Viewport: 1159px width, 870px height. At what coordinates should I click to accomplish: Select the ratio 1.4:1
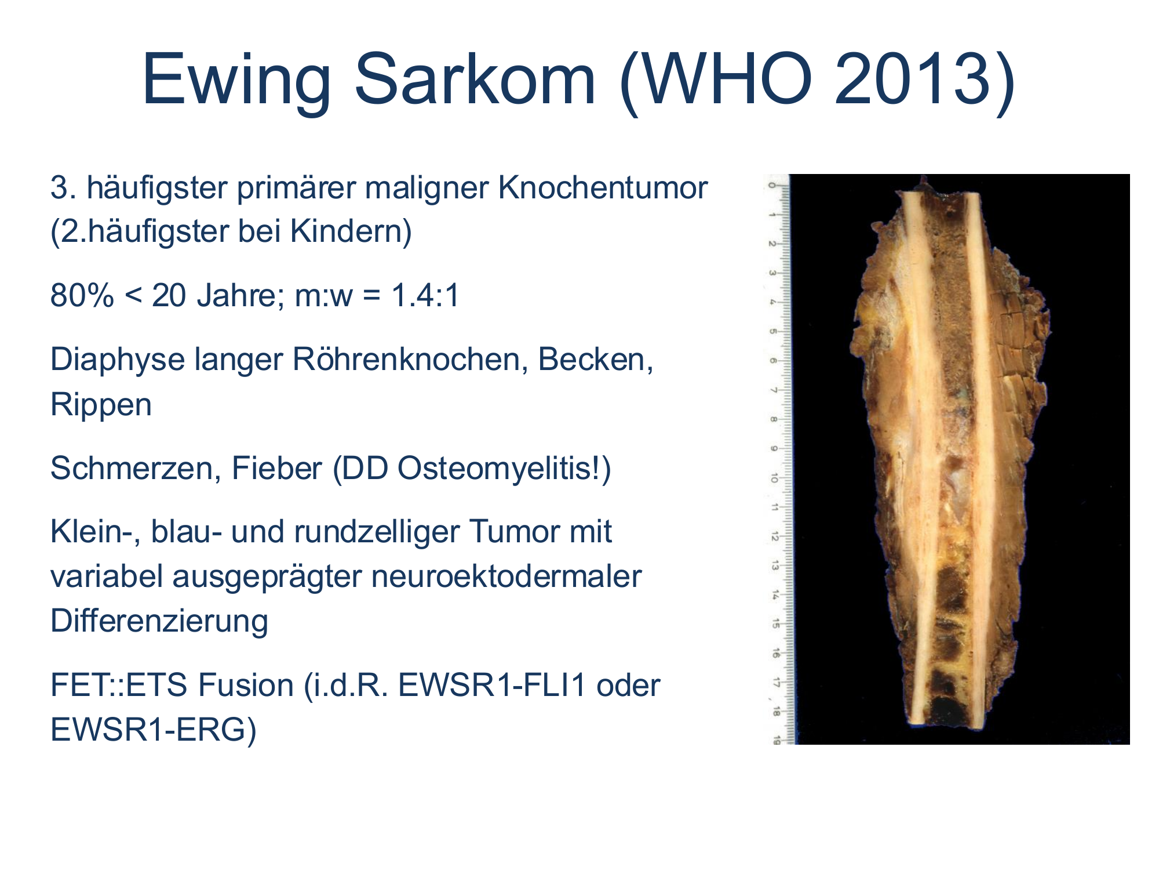click(x=425, y=295)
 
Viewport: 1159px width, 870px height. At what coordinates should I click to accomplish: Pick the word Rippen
click(x=101, y=405)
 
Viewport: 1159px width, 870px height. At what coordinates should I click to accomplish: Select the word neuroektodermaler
click(x=506, y=577)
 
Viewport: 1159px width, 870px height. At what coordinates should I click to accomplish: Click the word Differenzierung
click(x=159, y=621)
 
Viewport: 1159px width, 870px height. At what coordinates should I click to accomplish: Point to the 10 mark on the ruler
click(x=774, y=478)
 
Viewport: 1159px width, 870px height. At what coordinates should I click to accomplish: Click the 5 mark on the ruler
click(x=773, y=332)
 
